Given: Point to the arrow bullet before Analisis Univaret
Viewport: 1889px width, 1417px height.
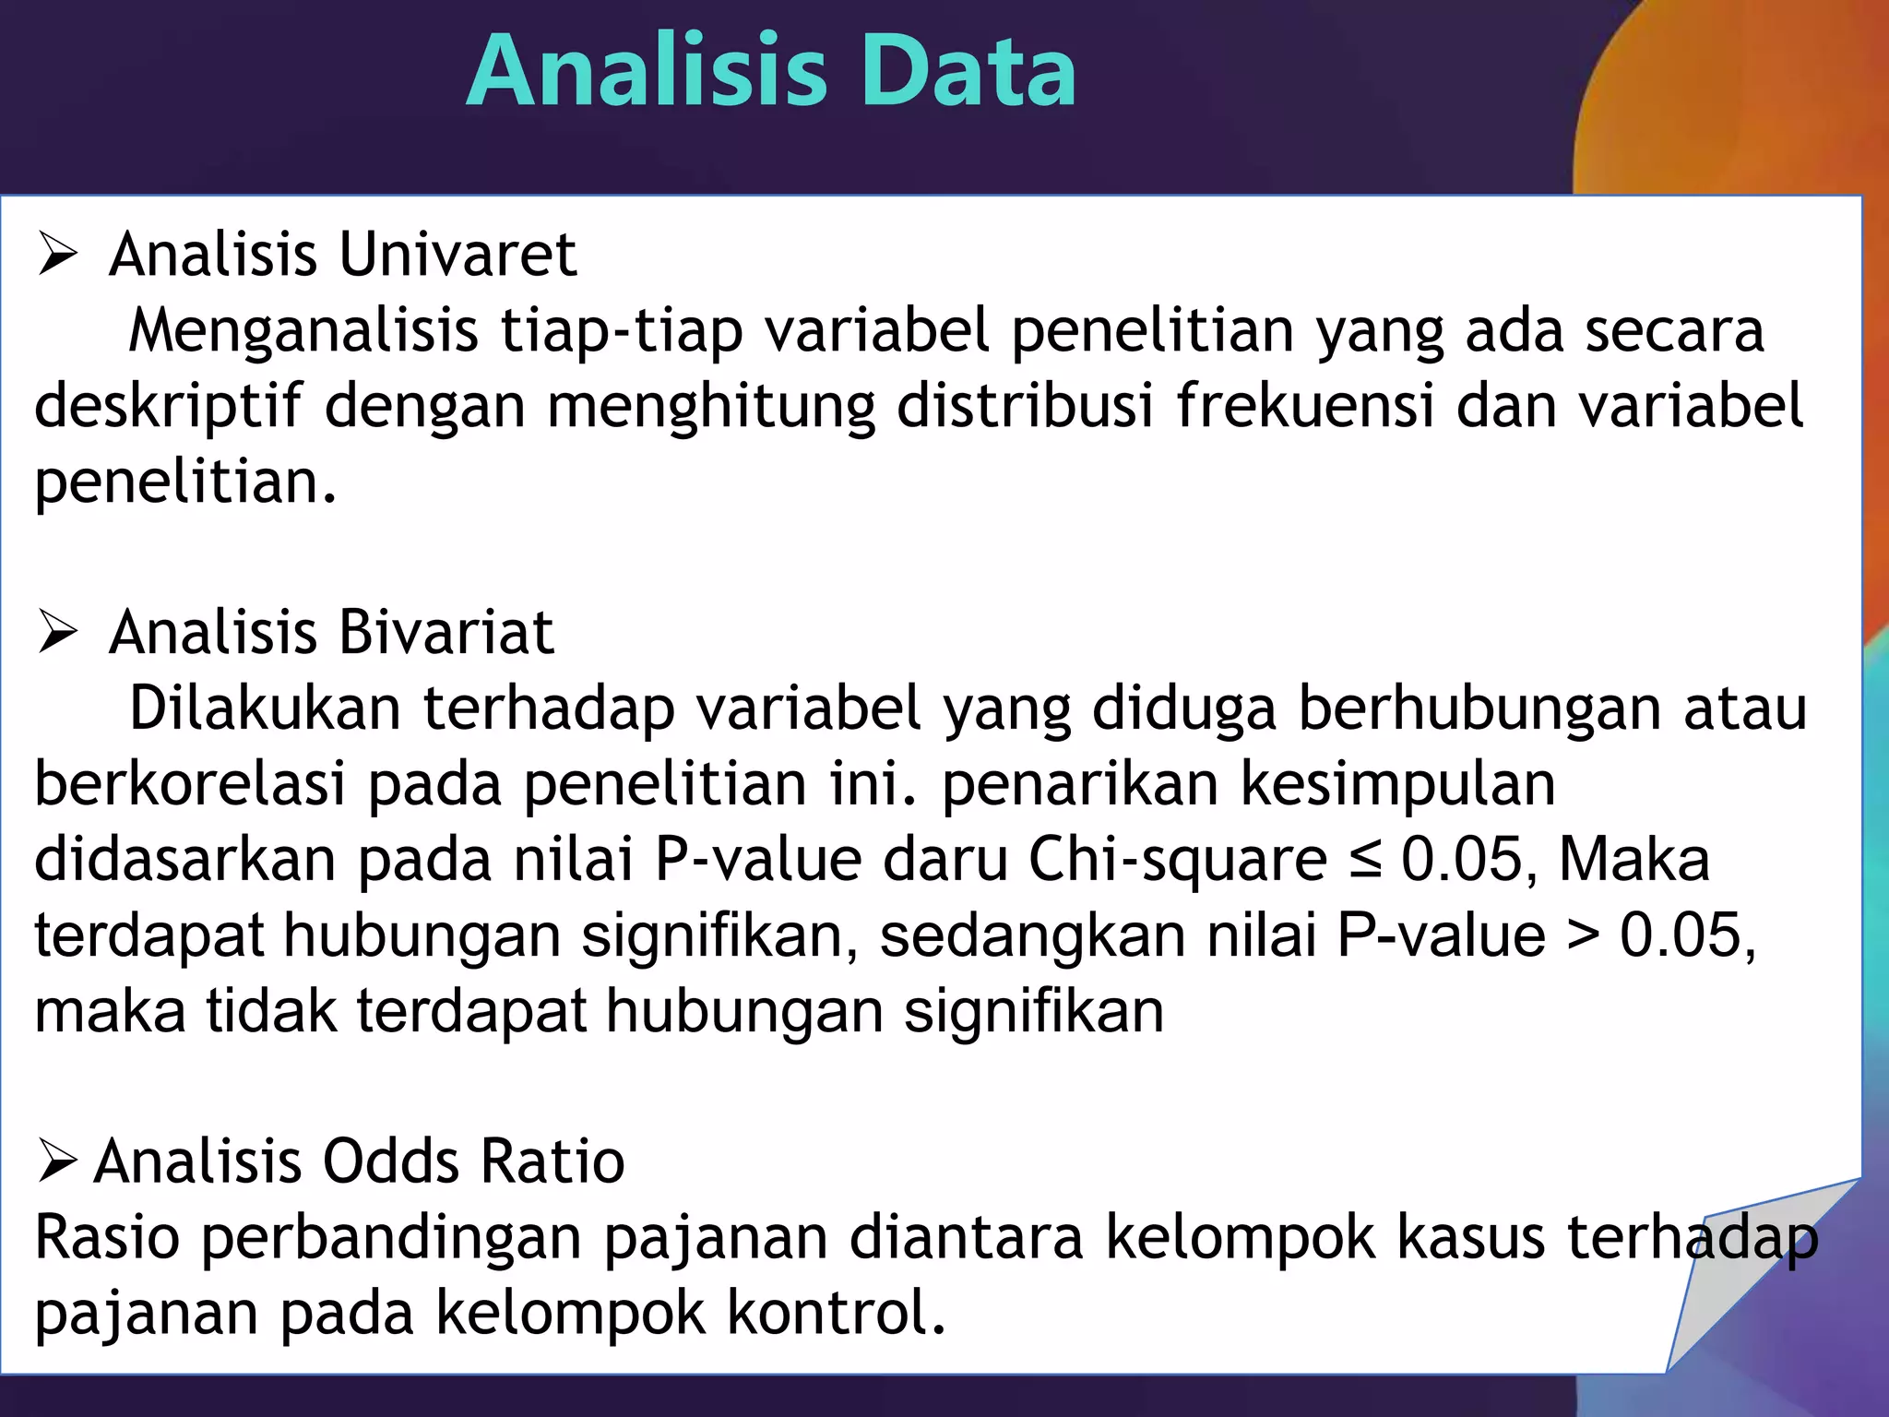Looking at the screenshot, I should click(x=57, y=256).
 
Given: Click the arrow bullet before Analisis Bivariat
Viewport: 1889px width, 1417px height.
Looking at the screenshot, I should click(x=57, y=634).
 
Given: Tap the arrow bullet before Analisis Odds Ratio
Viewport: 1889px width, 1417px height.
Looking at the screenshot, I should click(x=57, y=1161).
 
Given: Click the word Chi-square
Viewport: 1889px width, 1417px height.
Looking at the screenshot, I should click(x=1178, y=860).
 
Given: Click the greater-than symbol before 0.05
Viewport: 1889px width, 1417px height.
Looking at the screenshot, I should click(x=1583, y=936).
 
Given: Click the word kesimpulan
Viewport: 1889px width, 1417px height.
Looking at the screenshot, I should click(x=1397, y=784).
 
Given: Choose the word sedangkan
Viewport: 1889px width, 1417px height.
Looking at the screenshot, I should click(x=1032, y=936).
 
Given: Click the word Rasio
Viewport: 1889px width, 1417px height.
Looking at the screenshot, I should click(x=107, y=1237).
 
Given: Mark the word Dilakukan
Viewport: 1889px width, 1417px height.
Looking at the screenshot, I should click(x=265, y=708).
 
